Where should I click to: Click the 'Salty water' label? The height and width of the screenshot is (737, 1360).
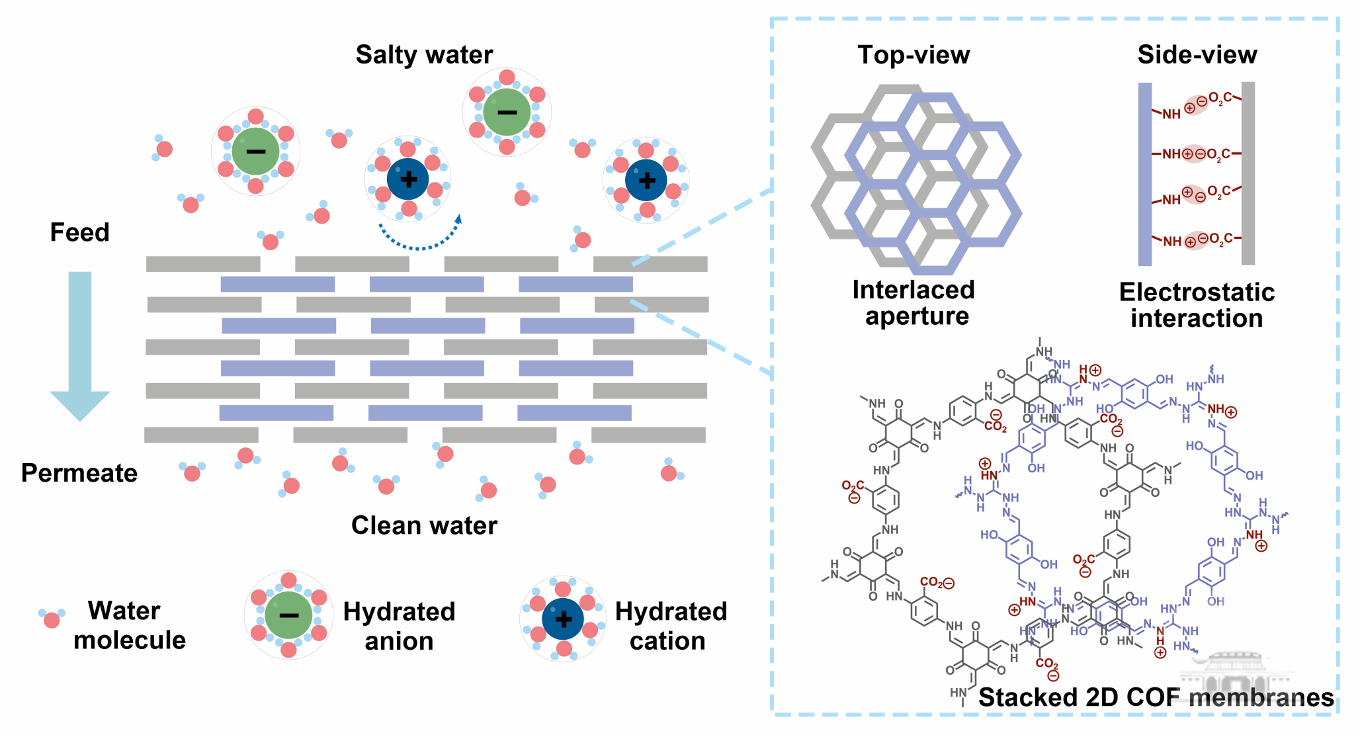coord(424,54)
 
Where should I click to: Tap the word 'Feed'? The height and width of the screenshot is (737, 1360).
coord(79,232)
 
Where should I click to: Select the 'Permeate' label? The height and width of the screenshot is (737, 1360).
coord(79,473)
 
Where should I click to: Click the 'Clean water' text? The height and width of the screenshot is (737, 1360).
coord(424,525)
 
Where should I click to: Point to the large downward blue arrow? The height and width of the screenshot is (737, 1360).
coord(80,344)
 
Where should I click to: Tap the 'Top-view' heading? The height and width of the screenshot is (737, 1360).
coord(914,55)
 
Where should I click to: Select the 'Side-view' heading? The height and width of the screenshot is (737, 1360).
coord(1197,55)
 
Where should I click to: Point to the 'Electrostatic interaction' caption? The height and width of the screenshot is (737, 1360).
coord(1197,305)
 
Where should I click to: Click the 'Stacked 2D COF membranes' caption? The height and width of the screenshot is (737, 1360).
coord(1156,697)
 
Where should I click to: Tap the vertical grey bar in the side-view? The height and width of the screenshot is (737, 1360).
coord(1248,173)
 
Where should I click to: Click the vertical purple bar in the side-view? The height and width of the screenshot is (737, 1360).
coord(1145,174)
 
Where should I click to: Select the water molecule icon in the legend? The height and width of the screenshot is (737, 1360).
coord(52,618)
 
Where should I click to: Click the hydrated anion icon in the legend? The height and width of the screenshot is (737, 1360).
coord(288,615)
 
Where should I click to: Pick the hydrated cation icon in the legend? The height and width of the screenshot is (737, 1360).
coord(563,619)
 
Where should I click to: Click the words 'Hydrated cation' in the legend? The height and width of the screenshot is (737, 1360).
coord(670,626)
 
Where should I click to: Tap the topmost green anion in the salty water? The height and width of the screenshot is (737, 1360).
coord(507,112)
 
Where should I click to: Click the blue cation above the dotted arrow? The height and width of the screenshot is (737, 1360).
coord(408,179)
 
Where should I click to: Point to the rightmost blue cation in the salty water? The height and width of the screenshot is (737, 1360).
coord(646,180)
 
